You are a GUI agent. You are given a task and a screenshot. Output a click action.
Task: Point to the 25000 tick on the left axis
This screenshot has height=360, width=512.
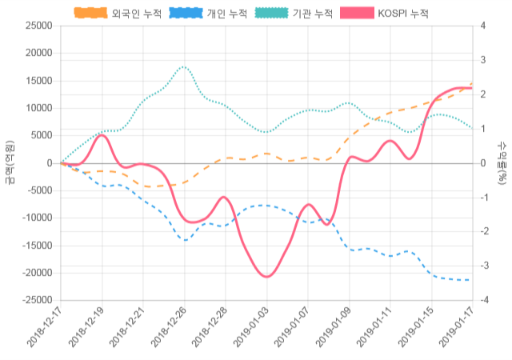coord(39,26)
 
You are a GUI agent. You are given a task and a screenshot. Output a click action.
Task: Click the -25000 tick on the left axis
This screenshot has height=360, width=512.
coord(37,300)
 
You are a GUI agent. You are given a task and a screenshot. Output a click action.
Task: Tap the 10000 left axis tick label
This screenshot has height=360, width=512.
coord(39,108)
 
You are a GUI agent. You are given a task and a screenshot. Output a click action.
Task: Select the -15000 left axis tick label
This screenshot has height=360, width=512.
coord(37,246)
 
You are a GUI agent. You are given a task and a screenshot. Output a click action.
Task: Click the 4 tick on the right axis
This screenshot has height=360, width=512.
coord(482,26)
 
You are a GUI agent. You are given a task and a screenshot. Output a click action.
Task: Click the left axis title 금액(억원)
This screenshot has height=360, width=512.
coord(9,162)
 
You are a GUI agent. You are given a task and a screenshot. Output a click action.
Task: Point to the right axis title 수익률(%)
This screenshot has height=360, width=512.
coord(502,162)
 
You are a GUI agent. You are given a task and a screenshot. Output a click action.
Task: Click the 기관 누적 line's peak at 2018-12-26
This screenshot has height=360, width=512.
coord(184,67)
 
